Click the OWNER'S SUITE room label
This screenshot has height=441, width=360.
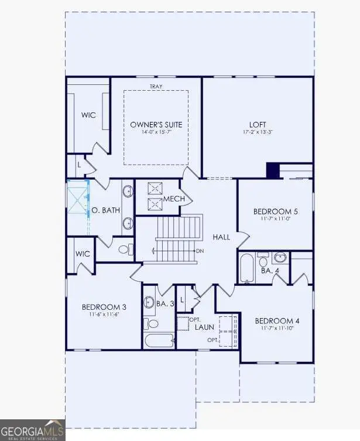[x=156, y=124]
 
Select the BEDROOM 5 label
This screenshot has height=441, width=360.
[x=275, y=211]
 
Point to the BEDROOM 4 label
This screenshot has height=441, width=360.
[x=277, y=320]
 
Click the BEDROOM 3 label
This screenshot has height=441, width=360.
[x=104, y=306]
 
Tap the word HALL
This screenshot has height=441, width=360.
[x=221, y=237]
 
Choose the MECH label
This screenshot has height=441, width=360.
[x=174, y=199]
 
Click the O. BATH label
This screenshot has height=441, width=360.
[x=105, y=210]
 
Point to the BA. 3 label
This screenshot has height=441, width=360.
[x=166, y=303]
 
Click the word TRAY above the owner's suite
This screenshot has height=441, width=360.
[x=156, y=87]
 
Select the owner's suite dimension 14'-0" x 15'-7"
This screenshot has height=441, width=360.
[x=156, y=132]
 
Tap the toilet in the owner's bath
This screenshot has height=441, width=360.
[x=124, y=250]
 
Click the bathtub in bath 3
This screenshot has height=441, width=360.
[x=159, y=340]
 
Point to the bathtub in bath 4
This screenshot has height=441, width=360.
[x=246, y=268]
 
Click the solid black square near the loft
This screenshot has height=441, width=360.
[x=273, y=170]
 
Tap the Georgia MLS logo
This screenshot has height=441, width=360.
[x=32, y=429]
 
